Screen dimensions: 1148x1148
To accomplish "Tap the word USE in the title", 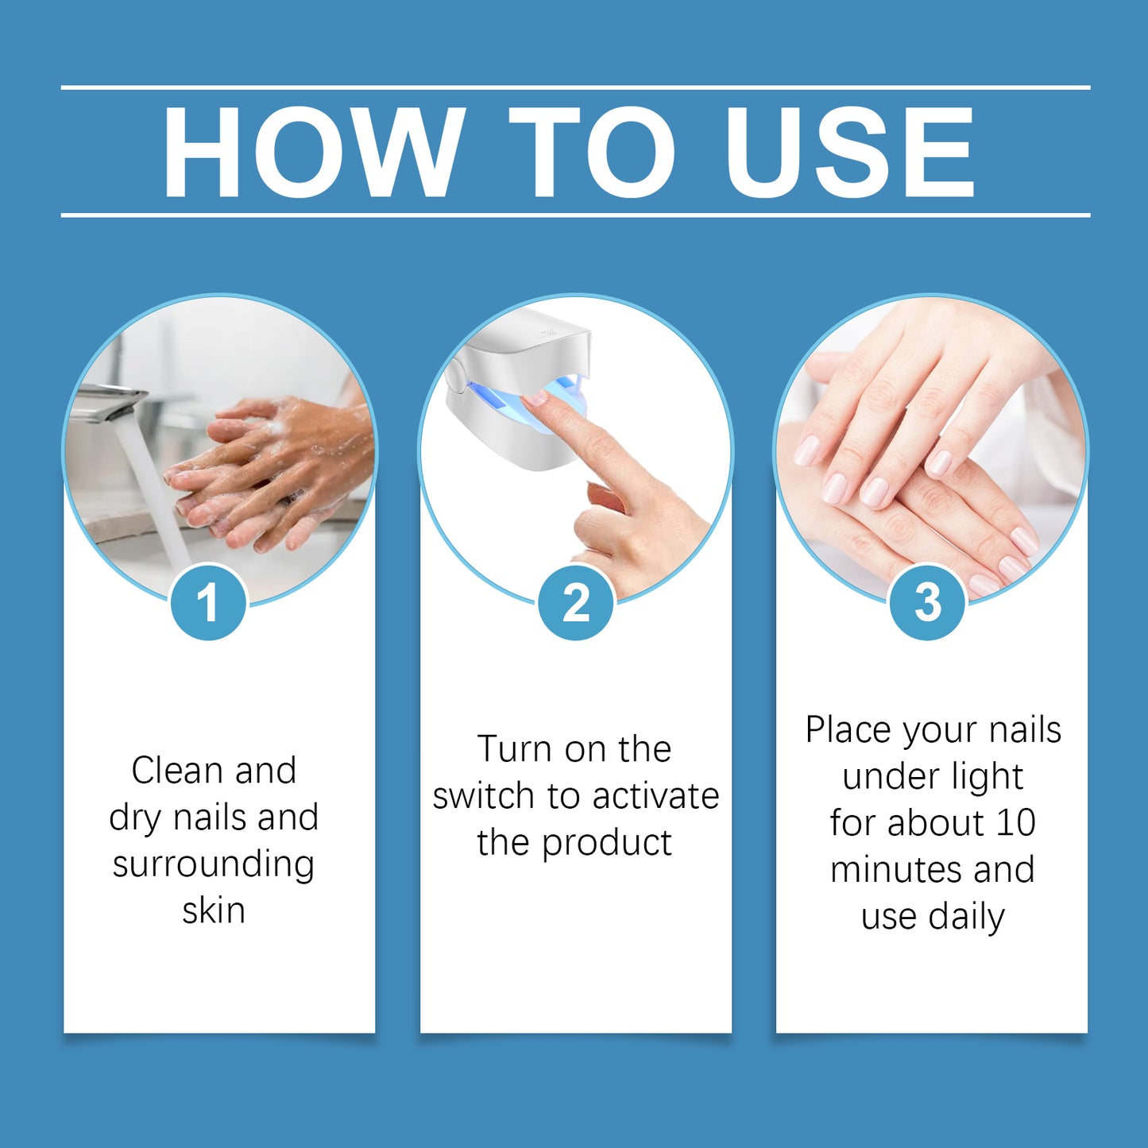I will (x=849, y=151).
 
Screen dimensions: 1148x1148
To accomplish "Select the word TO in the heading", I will (x=592, y=151).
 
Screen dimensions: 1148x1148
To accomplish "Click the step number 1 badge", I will (x=208, y=602).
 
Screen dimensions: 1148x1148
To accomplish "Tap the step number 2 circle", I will (x=576, y=602).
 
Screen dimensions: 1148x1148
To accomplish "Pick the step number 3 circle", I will (x=927, y=602).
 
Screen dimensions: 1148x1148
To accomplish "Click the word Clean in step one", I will (x=177, y=771).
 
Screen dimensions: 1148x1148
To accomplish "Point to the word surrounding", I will (x=214, y=864).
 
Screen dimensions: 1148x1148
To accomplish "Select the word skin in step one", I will (x=214, y=910).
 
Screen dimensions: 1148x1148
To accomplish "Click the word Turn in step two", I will (x=514, y=749).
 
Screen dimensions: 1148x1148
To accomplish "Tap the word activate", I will (x=655, y=796).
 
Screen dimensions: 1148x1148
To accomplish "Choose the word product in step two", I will (x=607, y=844).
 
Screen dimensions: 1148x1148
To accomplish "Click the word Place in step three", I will (x=848, y=730).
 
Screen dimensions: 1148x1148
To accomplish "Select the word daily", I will (x=967, y=917).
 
